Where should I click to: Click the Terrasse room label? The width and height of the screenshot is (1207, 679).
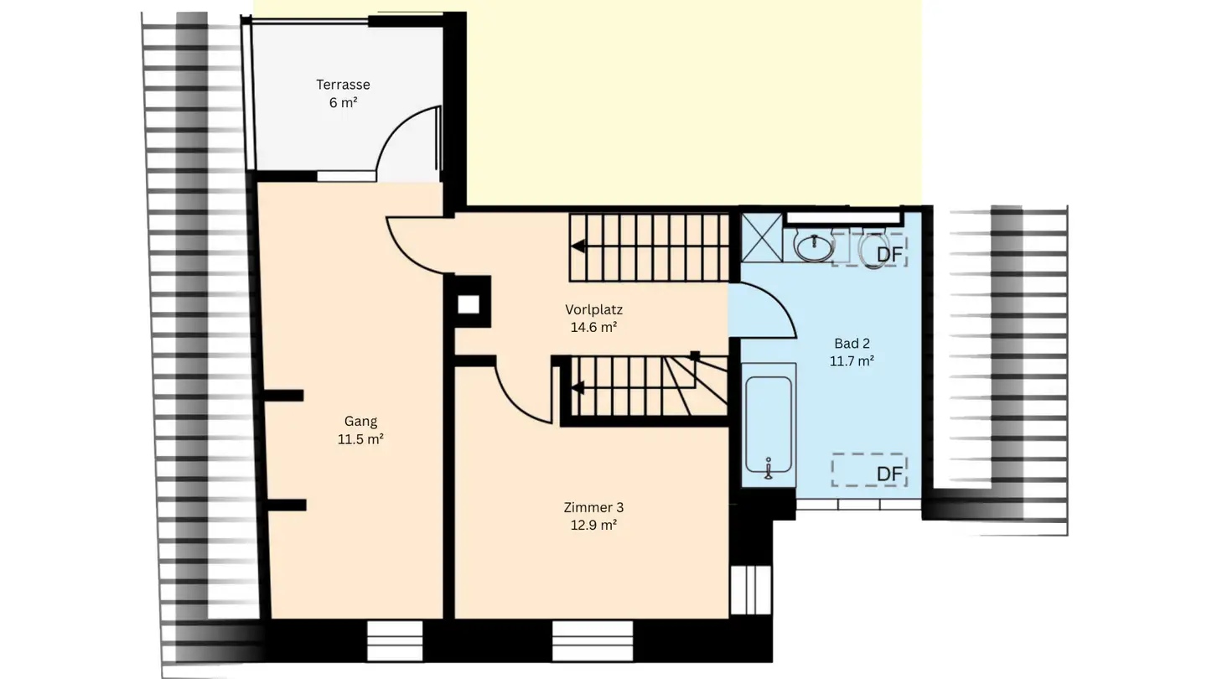pos(343,85)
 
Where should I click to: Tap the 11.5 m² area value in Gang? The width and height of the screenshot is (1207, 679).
pos(360,439)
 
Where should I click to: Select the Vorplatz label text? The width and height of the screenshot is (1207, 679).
pos(593,309)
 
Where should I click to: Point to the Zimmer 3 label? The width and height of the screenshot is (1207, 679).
pos(593,507)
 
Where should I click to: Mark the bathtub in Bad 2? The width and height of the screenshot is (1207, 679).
pos(769,428)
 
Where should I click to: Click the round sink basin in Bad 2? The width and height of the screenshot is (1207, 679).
pos(813,246)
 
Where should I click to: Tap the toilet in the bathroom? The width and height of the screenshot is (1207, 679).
pos(872,248)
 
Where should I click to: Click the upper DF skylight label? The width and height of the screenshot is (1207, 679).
pos(889,252)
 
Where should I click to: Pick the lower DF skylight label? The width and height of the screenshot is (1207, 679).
pos(889,474)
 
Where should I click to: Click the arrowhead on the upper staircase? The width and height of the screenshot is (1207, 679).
pos(578,246)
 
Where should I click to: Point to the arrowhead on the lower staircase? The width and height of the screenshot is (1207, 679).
pos(578,387)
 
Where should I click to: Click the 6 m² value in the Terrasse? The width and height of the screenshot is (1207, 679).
pos(343,103)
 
